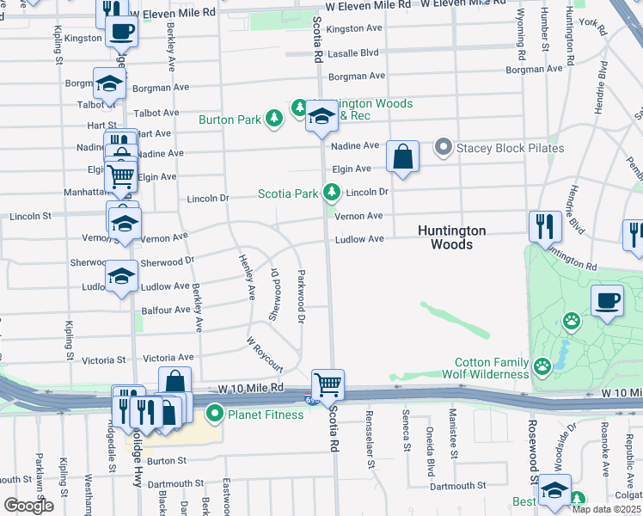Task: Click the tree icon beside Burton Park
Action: (273, 119)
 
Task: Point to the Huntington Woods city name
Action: (452, 237)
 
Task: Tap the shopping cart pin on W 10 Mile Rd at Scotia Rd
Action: (327, 384)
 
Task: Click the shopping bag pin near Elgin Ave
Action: (402, 157)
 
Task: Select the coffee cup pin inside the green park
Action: (607, 302)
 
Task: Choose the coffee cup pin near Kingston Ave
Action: (121, 34)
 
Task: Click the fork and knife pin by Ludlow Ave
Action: (545, 227)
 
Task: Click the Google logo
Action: (28, 506)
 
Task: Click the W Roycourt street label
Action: (266, 353)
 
